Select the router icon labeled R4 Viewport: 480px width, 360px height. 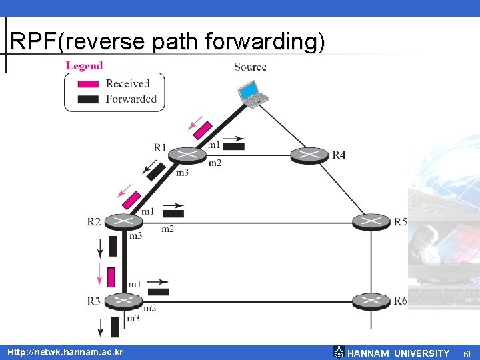point(309,155)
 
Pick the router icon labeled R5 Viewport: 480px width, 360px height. point(371,221)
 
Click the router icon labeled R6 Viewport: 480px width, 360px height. point(371,301)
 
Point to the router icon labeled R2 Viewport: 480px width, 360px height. point(123,221)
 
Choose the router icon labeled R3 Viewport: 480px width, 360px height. point(123,301)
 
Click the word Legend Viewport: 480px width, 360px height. point(84,65)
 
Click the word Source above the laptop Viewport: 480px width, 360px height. point(250,67)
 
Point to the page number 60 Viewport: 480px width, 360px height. point(468,353)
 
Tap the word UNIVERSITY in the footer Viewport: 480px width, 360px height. point(421,353)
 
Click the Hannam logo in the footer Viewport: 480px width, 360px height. point(339,352)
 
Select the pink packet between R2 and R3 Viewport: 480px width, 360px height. point(111,277)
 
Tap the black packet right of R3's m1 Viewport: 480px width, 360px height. point(158,291)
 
